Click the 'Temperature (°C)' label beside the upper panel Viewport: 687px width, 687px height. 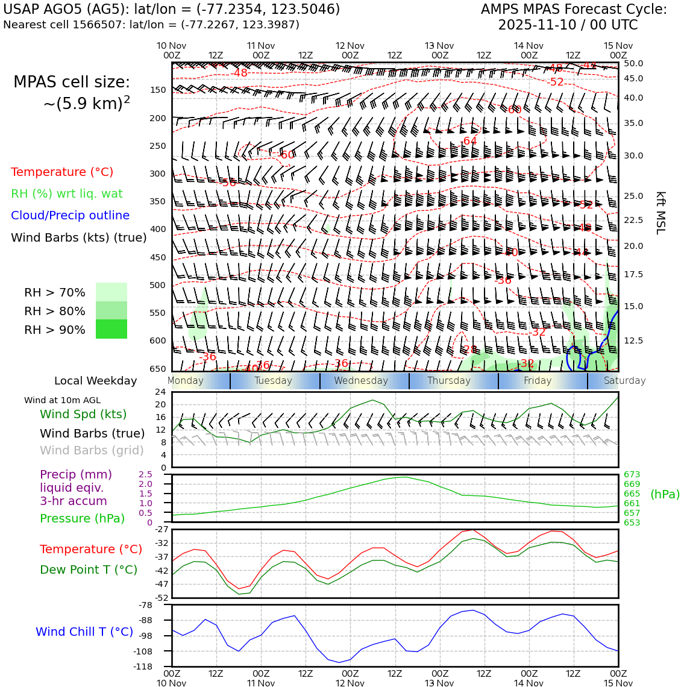tap(62, 172)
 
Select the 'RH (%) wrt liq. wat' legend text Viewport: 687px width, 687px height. tap(67, 194)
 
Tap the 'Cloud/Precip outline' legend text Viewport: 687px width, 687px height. tap(70, 216)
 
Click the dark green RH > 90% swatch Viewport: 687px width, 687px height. tap(111, 329)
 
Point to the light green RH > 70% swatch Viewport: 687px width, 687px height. tap(111, 292)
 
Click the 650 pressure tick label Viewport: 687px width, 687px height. tap(157, 369)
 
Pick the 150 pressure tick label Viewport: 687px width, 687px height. tap(157, 90)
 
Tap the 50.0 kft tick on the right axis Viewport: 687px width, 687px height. tap(633, 63)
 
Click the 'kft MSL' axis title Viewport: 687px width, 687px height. tap(660, 213)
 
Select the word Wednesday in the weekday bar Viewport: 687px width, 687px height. tap(361, 381)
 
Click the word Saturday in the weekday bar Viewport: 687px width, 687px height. tap(624, 381)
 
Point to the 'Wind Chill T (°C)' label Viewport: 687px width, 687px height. tap(84, 632)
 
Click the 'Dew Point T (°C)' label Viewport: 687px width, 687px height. tap(89, 569)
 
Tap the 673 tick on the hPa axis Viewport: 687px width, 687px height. tap(632, 475)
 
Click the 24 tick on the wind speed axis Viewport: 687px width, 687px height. tap(160, 392)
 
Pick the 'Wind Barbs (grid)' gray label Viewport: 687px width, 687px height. tap(92, 451)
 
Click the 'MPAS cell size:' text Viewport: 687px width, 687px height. tap(72, 83)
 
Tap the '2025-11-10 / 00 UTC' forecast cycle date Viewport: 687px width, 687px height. tap(568, 25)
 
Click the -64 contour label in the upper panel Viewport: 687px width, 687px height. tap(469, 142)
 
